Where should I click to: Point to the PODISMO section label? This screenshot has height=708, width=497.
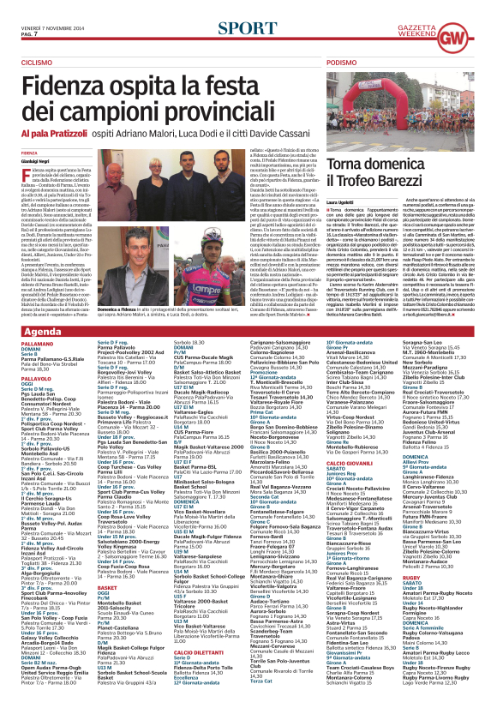pyautogui.click(x=341, y=63)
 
